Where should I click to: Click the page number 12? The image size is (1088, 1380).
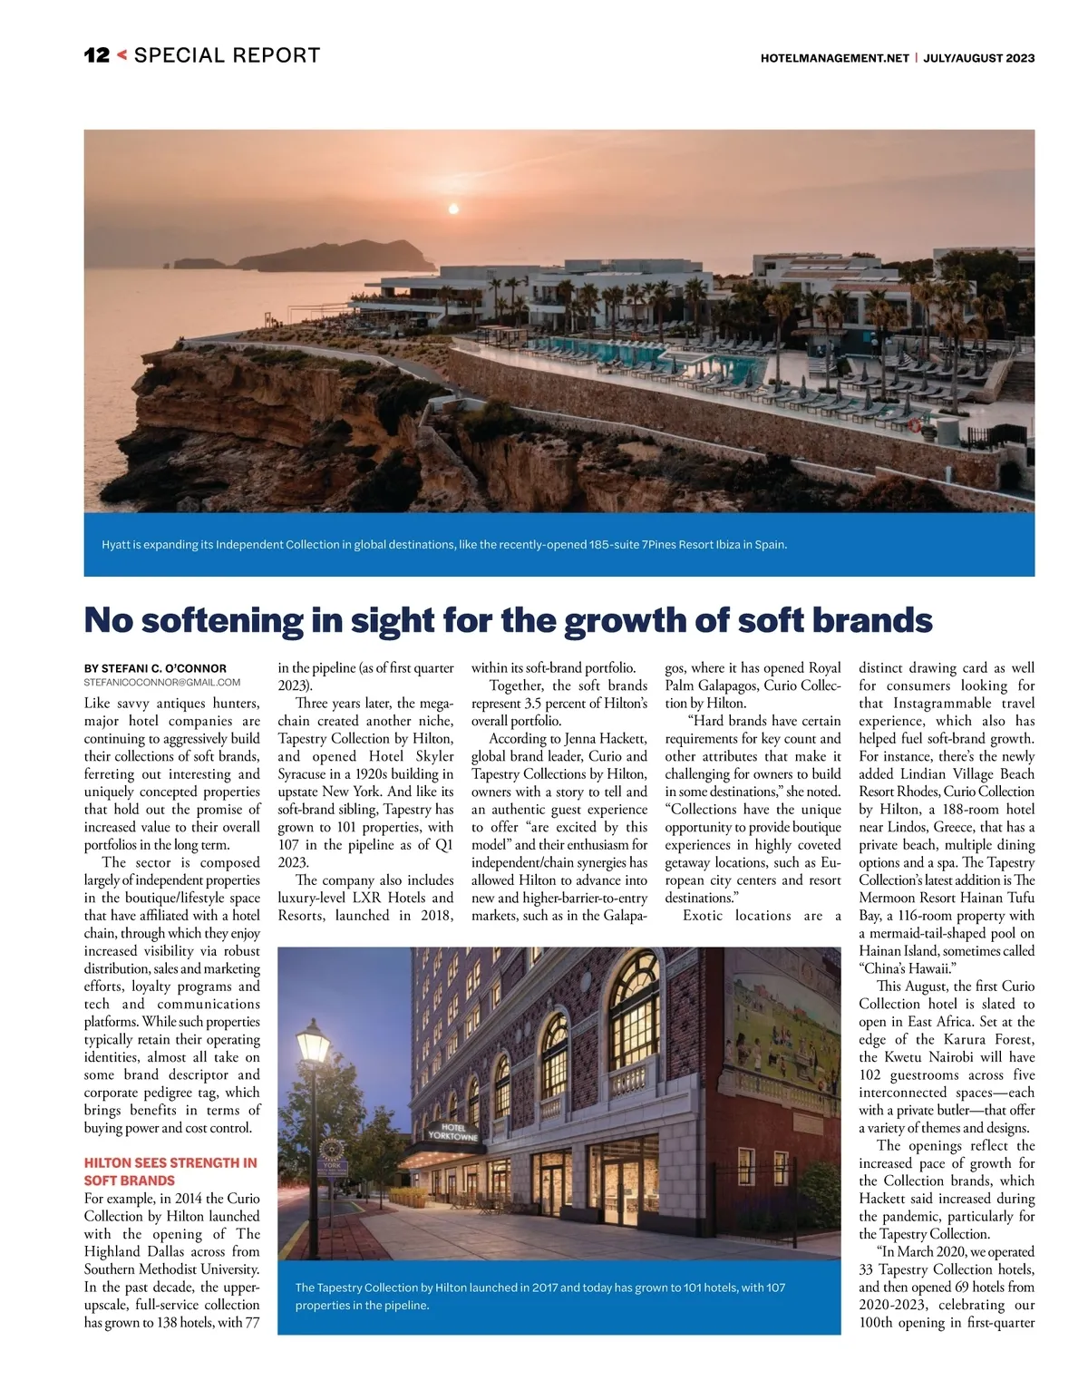96,55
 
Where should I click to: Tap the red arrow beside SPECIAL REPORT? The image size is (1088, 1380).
122,55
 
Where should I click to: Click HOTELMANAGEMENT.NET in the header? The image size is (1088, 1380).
834,58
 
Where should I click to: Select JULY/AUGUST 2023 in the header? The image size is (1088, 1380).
980,58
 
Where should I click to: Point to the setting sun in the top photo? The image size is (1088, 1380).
453,209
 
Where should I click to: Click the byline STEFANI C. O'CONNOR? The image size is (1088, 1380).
156,668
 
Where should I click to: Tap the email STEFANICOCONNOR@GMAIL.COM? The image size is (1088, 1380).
162,682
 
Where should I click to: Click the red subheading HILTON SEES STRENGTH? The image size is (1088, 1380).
170,1162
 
